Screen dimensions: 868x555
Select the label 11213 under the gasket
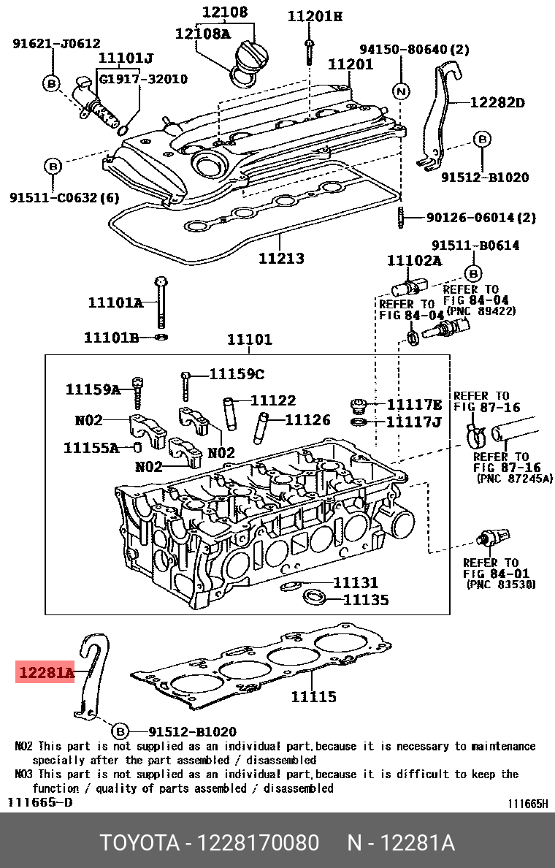[x=281, y=258]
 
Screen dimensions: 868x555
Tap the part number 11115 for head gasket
[x=313, y=696]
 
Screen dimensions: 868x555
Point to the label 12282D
[x=497, y=103]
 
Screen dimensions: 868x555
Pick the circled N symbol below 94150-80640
[x=401, y=91]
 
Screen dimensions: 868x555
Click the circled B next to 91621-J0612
[x=53, y=83]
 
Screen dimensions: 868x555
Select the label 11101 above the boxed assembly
[x=249, y=339]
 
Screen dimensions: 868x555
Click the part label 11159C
[x=237, y=374]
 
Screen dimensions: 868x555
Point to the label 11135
[x=366, y=600]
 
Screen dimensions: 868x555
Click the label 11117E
[x=414, y=405]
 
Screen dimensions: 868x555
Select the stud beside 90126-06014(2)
[x=401, y=218]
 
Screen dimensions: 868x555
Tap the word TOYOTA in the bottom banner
[x=139, y=843]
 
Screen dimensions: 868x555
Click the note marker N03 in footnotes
[x=24, y=774]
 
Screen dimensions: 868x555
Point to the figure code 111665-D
[x=40, y=802]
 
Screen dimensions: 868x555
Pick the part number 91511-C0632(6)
[x=64, y=197]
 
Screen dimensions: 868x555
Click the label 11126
[x=307, y=420]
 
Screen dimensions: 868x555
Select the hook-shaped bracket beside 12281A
[x=93, y=676]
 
